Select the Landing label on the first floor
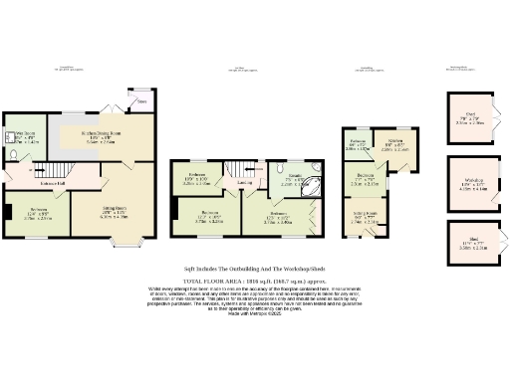[x=245, y=182]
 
